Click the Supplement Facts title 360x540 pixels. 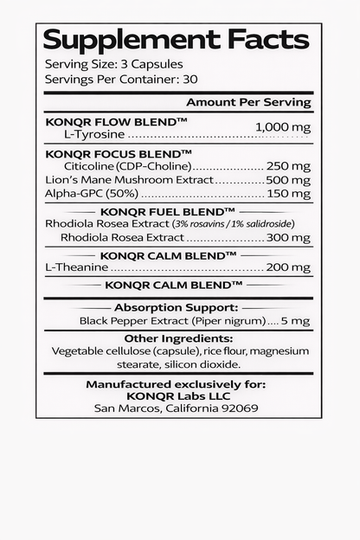176,40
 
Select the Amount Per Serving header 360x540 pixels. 248,102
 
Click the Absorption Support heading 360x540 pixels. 176,306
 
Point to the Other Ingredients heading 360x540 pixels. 178,337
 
